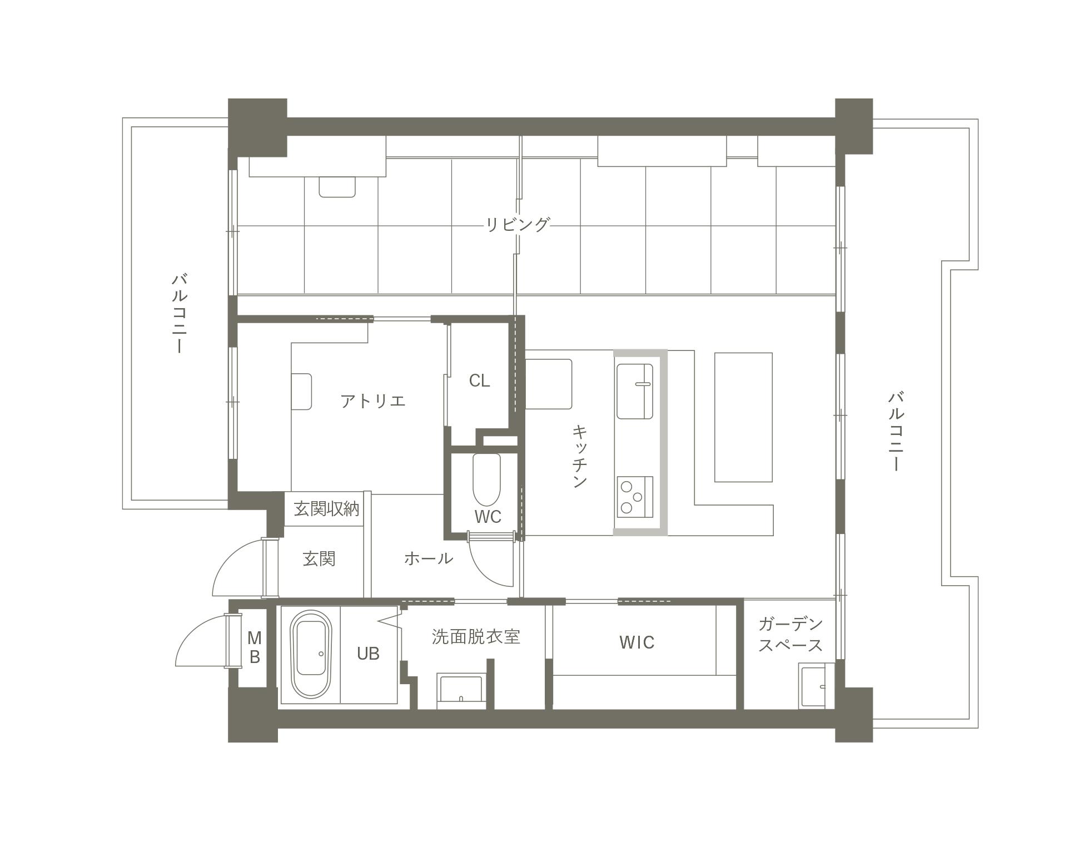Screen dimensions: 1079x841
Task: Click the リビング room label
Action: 518,225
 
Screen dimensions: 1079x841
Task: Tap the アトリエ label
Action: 373,400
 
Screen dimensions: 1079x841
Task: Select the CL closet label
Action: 479,381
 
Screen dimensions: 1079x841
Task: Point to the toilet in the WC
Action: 486,479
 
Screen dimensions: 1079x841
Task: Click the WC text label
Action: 488,517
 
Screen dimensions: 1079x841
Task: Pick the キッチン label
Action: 580,457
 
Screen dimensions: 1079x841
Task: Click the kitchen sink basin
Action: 634,391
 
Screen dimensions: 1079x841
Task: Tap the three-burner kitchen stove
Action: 634,497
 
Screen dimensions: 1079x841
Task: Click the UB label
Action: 368,654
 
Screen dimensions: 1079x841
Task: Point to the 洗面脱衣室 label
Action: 476,637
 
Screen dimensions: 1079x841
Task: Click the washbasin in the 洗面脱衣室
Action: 461,690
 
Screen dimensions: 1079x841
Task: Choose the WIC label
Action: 637,643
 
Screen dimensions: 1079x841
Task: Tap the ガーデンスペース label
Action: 790,635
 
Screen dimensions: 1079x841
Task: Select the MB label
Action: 254,647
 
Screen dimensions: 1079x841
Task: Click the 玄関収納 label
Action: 326,509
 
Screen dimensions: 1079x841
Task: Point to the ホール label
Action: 428,558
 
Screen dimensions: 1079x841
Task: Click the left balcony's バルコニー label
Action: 178,313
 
